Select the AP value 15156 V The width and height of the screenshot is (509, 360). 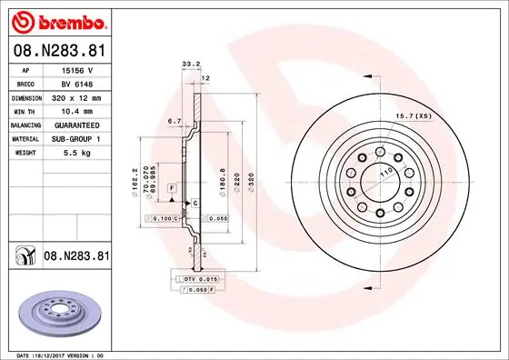coord(76,69)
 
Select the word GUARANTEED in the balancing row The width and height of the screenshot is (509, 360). coord(76,125)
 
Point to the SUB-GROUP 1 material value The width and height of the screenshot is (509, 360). coord(76,139)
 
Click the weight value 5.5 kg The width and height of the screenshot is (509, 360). coord(76,154)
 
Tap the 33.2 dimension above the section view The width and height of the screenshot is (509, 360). coord(190,65)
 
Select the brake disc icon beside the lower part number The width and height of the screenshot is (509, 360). coord(22,257)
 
